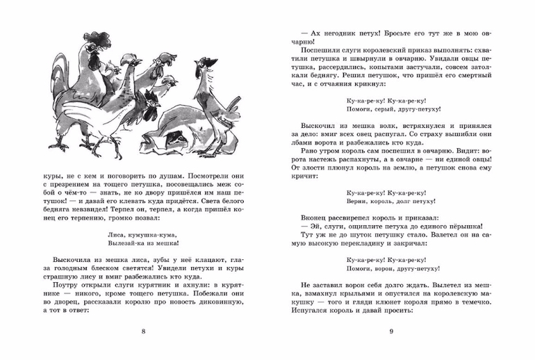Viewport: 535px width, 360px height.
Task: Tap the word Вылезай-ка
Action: pos(125,246)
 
